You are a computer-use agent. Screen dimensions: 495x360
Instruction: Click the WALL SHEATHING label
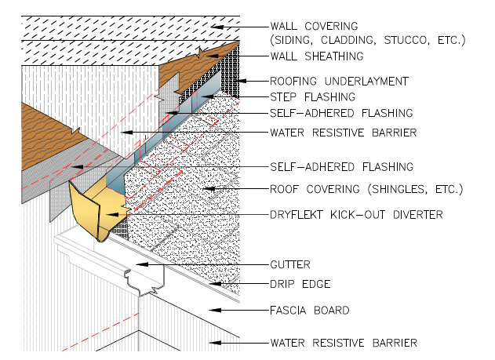pyautogui.click(x=317, y=56)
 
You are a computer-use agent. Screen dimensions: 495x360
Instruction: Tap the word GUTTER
pyautogui.click(x=290, y=264)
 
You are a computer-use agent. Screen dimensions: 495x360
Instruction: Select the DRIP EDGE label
pyautogui.click(x=300, y=284)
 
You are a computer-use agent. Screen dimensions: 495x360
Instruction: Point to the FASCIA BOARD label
pyautogui.click(x=310, y=310)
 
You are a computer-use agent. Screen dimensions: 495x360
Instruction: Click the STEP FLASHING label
pyautogui.click(x=312, y=96)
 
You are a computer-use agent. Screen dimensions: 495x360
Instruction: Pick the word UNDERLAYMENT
pyautogui.click(x=366, y=82)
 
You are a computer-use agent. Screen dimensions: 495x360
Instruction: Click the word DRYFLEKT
pyautogui.click(x=297, y=215)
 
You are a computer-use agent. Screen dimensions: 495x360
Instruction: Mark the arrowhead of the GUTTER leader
pyautogui.click(x=142, y=264)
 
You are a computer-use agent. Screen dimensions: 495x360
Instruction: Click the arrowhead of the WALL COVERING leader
pyautogui.click(x=217, y=27)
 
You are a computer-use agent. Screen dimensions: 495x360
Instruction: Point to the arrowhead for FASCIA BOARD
pyautogui.click(x=215, y=310)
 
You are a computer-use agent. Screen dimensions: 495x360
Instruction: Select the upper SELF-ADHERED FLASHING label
pyautogui.click(x=341, y=113)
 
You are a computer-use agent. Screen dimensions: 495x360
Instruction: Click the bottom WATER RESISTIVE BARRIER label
pyautogui.click(x=344, y=343)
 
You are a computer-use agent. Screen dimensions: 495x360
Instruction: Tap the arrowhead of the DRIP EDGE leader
pyautogui.click(x=215, y=284)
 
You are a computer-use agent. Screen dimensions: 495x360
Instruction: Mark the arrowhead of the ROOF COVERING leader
pyautogui.click(x=209, y=189)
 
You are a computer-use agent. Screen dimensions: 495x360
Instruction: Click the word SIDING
pyautogui.click(x=291, y=40)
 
